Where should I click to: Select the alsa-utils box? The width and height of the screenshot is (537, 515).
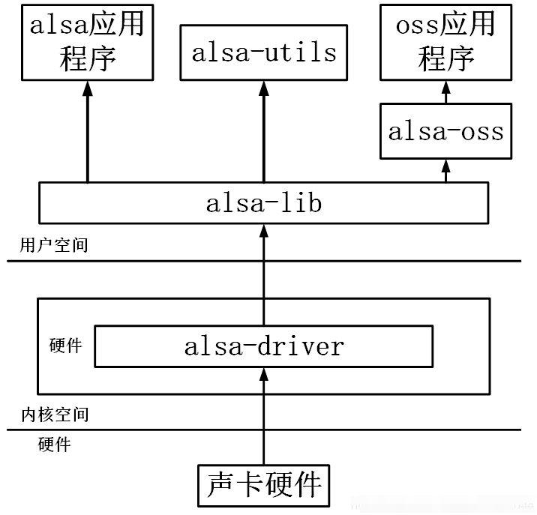264,52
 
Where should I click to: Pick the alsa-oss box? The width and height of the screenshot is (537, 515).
445,131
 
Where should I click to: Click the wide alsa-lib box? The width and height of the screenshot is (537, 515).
264,203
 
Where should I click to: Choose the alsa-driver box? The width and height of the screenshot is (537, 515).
264,346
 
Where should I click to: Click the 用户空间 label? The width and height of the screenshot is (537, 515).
55,244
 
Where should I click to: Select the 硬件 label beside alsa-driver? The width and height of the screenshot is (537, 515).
65,346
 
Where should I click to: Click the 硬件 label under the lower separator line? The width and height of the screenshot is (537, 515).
54,445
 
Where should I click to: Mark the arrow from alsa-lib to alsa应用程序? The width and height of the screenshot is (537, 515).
87,131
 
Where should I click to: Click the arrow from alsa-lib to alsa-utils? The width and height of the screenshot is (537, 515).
264,131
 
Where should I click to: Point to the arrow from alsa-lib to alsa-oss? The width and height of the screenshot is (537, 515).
445,170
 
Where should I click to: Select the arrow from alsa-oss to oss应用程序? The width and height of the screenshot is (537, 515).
445,92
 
